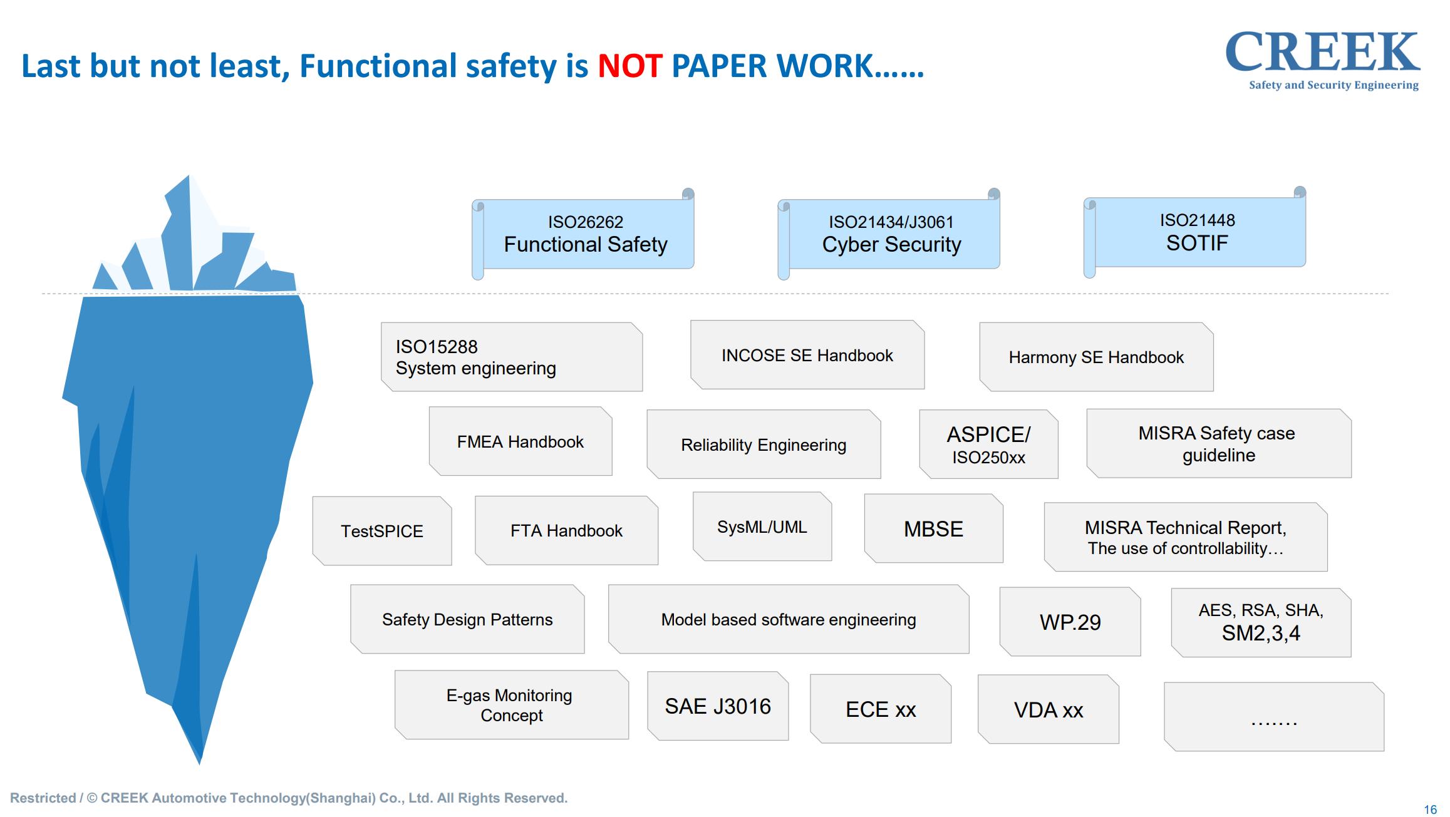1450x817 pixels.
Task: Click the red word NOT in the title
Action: (x=629, y=66)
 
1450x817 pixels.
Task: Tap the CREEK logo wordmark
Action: (x=1322, y=53)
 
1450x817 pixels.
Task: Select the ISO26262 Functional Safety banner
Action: (x=583, y=234)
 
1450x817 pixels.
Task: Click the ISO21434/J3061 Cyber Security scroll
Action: (x=889, y=234)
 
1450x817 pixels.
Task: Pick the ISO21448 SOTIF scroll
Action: (x=1195, y=232)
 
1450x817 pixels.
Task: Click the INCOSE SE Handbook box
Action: (x=807, y=355)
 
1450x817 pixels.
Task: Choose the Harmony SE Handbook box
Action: (x=1096, y=357)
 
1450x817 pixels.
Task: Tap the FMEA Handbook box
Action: (x=520, y=441)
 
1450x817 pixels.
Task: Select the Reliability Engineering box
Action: (x=764, y=444)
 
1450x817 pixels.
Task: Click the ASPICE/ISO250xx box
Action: (x=988, y=444)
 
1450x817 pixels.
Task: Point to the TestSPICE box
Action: (x=382, y=531)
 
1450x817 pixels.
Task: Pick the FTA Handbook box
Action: (x=566, y=530)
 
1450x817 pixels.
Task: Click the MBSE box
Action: (x=933, y=528)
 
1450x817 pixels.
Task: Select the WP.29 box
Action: (x=1070, y=622)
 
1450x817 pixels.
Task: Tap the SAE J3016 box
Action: (x=718, y=706)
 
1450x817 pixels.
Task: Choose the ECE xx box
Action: (x=881, y=709)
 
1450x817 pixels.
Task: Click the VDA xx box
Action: (x=1049, y=709)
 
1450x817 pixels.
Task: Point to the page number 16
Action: (x=1430, y=809)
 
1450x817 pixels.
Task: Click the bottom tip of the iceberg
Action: (x=200, y=764)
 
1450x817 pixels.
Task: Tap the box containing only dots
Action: (x=1274, y=717)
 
